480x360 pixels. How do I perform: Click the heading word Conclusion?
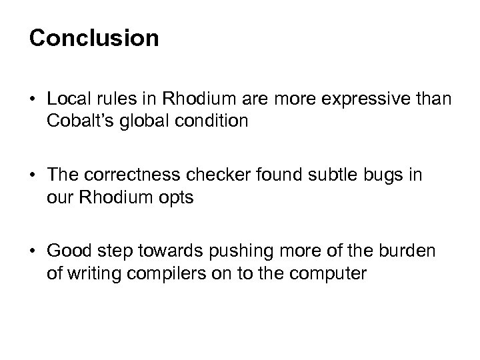pos(94,38)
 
